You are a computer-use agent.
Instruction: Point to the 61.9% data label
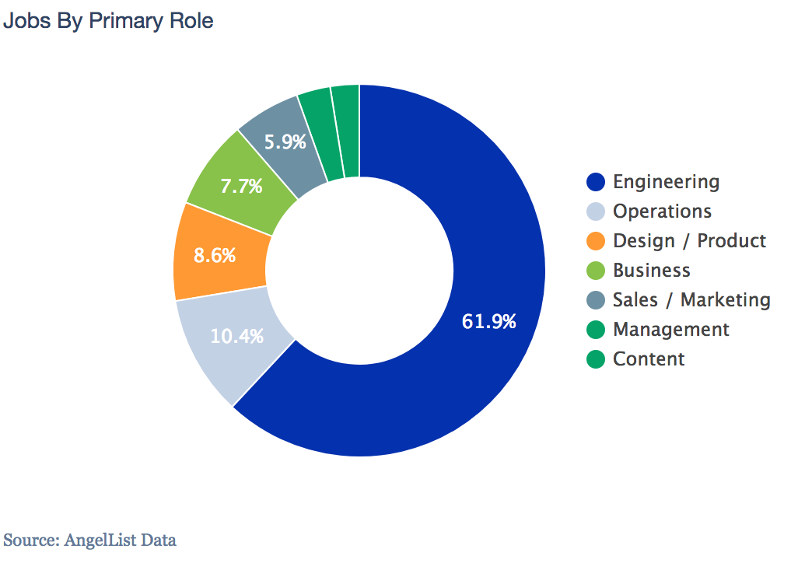pos(489,321)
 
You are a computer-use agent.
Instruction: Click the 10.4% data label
pos(237,337)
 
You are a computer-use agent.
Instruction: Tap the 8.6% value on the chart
pos(215,255)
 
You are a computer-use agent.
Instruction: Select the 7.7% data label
pos(241,187)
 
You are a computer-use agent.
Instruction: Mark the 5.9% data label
pos(285,142)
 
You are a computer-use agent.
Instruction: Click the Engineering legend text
pos(666,182)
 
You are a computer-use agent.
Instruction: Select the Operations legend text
pos(662,212)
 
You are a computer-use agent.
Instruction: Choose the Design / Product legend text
pos(689,241)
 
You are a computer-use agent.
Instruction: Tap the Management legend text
pos(671,330)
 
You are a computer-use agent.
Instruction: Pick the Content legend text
pos(649,359)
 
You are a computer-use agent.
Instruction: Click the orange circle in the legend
pos(596,241)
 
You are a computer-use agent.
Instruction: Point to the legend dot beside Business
pos(596,271)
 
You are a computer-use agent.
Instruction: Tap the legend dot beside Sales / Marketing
pos(596,300)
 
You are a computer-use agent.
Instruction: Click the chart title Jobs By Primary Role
pos(108,21)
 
